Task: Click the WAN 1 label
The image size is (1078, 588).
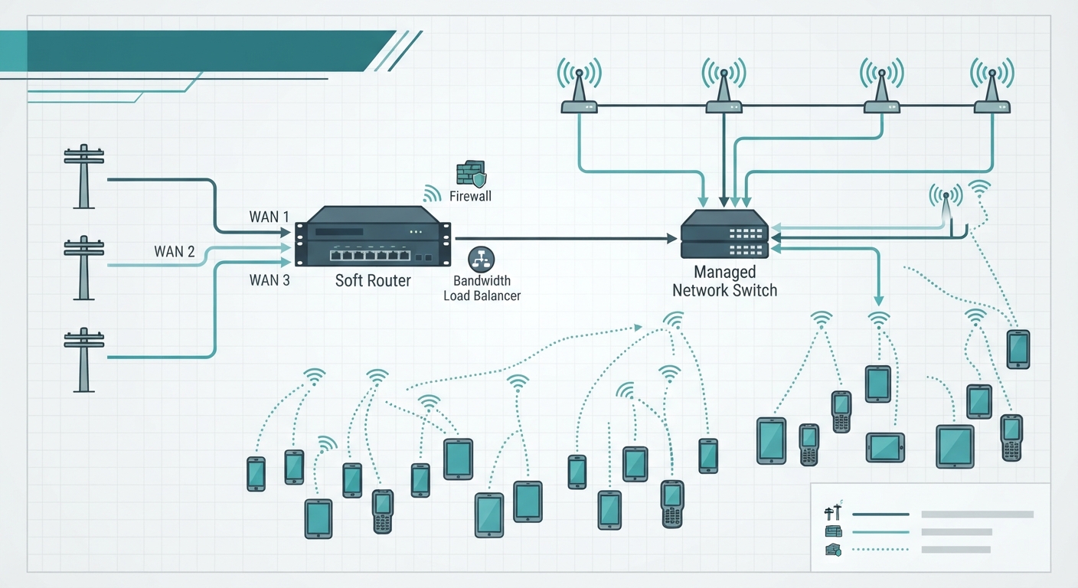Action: (269, 217)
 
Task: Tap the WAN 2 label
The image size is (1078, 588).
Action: (175, 251)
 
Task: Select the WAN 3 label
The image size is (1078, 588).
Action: (269, 280)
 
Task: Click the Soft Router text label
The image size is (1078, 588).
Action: (373, 280)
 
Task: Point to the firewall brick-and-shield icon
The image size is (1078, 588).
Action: (471, 173)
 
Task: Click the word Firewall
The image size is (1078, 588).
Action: (470, 196)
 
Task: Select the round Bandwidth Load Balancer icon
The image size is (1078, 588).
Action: (482, 260)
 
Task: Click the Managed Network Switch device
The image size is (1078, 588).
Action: (724, 234)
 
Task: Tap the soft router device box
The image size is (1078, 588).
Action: (373, 237)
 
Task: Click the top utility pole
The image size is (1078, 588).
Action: (83, 176)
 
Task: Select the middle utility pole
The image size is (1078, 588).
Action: (83, 267)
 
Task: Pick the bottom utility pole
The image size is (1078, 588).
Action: (83, 360)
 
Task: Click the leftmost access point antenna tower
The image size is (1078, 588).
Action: (579, 86)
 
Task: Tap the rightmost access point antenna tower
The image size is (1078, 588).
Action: (991, 86)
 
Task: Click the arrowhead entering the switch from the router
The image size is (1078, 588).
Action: (671, 238)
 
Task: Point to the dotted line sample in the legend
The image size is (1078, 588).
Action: (880, 550)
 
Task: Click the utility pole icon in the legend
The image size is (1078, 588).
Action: (834, 511)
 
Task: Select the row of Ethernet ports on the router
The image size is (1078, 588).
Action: (370, 256)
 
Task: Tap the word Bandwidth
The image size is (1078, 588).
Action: (482, 280)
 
